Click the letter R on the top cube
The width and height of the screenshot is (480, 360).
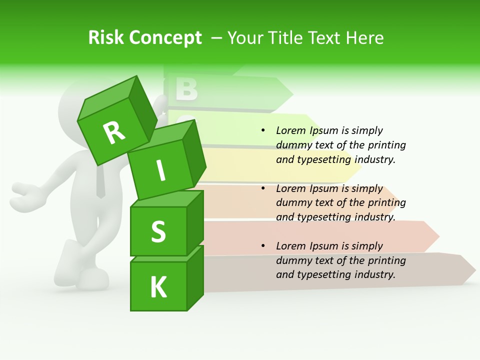click(x=114, y=132)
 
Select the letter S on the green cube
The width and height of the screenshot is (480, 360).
click(x=158, y=231)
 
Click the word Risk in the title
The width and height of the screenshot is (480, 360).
click(x=105, y=38)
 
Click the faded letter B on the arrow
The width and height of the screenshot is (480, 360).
click(x=186, y=89)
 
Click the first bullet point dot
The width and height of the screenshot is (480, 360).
click(x=263, y=130)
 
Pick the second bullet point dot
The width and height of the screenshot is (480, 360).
click(x=263, y=188)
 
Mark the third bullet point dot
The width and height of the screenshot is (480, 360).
click(x=263, y=246)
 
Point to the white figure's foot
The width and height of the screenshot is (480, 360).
click(x=92, y=278)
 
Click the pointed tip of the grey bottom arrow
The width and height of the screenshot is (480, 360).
click(x=474, y=270)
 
